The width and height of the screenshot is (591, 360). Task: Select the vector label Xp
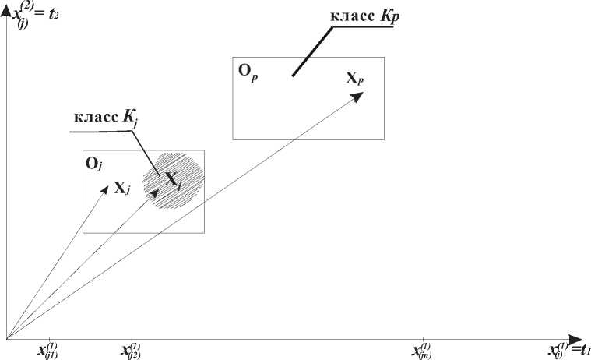coord(354,78)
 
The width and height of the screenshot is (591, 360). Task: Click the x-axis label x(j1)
coord(48,350)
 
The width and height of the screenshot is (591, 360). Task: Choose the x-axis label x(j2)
coord(130,350)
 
